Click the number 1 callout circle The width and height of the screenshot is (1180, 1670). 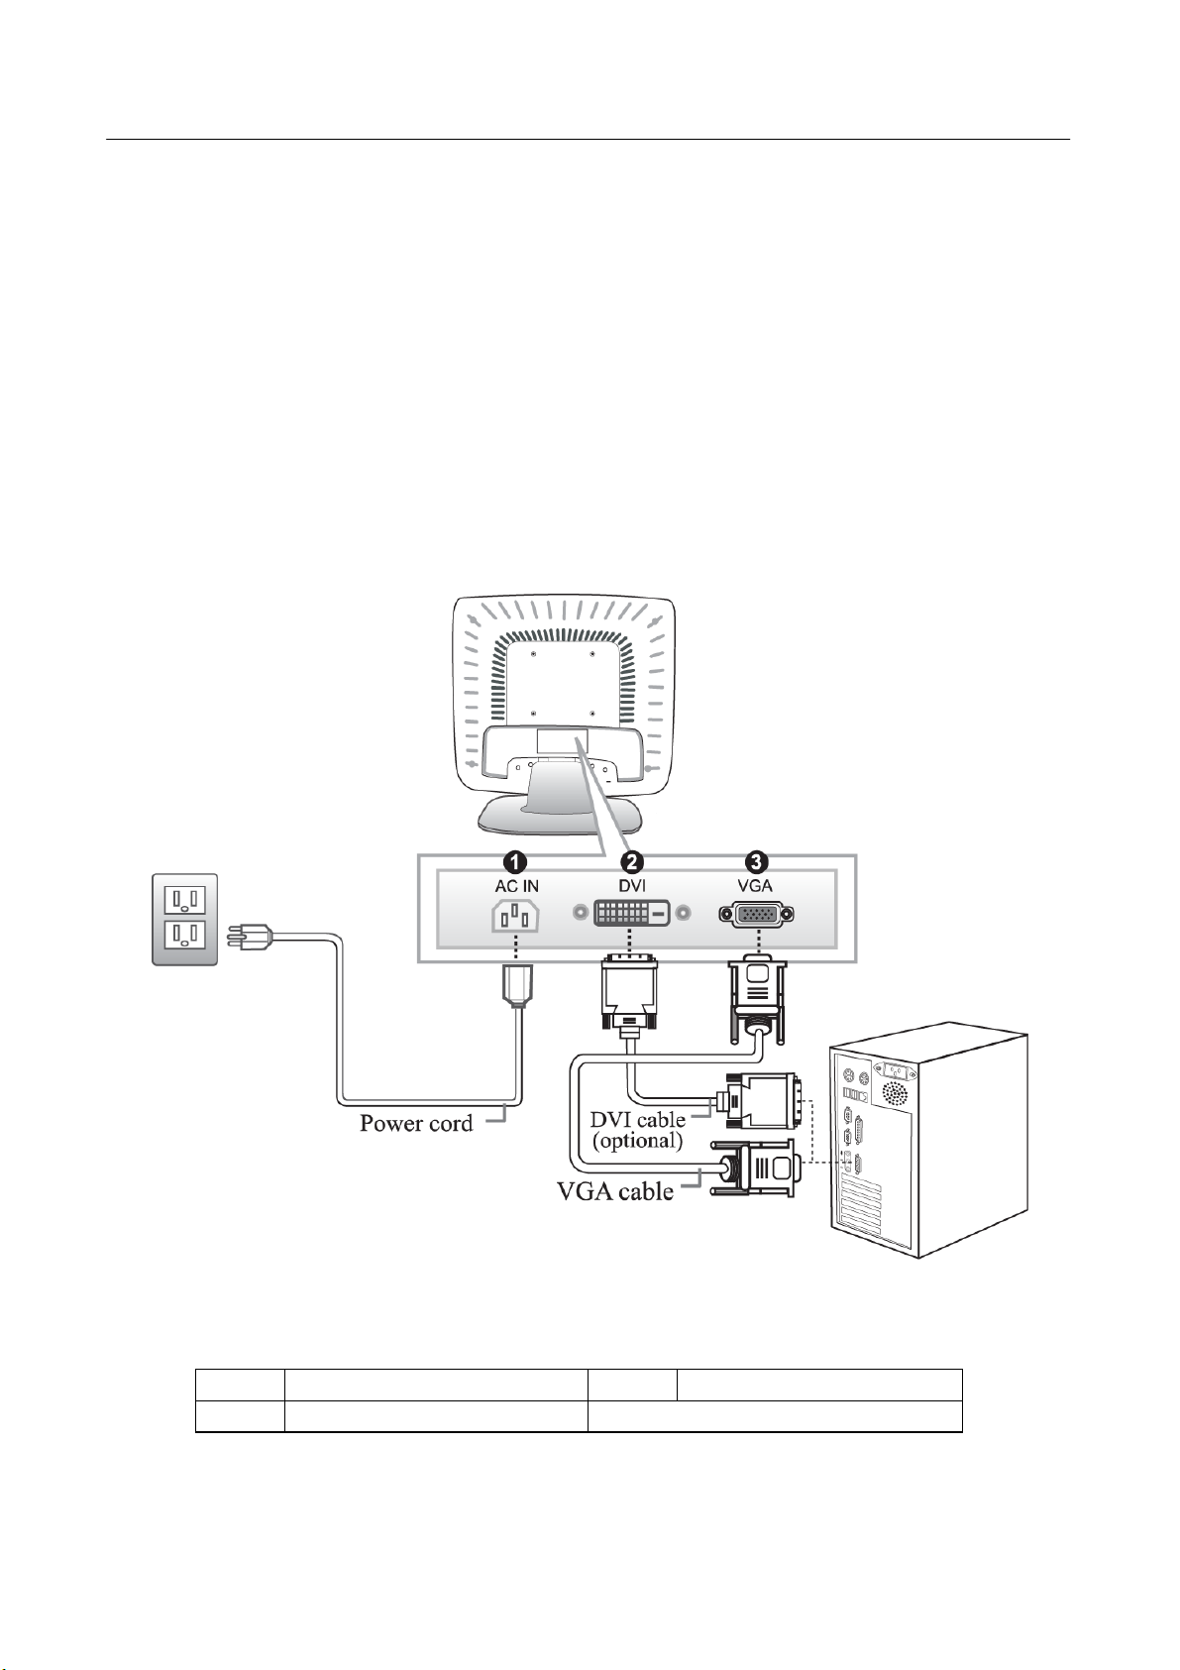point(516,861)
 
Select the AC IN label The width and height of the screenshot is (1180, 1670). point(516,885)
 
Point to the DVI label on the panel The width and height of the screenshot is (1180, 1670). point(631,885)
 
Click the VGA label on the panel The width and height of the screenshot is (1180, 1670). point(755,885)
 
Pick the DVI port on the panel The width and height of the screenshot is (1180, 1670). point(631,913)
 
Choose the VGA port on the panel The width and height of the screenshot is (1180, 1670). point(756,915)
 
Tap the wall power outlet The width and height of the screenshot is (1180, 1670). point(184,918)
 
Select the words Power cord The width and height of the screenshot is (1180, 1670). point(416,1124)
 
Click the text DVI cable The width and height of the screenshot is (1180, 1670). point(638,1120)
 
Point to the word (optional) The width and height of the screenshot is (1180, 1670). point(638,1141)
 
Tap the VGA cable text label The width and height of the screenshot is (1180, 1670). point(615,1191)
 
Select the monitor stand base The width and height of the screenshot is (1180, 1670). point(561,818)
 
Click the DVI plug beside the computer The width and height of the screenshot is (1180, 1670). point(762,1100)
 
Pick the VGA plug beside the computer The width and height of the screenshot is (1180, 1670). point(763,1170)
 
